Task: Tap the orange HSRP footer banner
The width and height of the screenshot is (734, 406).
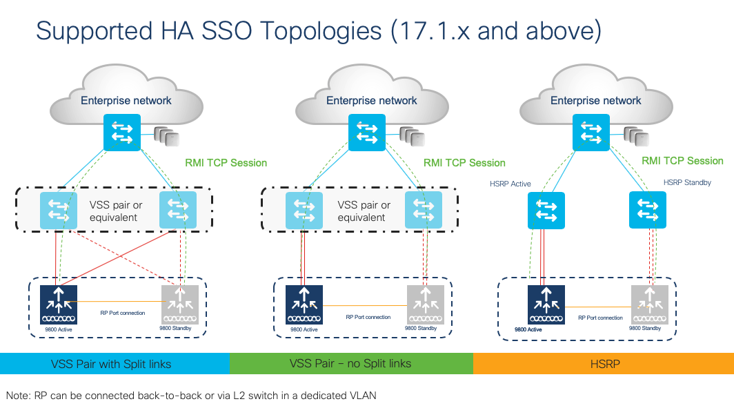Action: pos(603,363)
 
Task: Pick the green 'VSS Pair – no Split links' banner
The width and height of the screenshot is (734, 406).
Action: pos(350,363)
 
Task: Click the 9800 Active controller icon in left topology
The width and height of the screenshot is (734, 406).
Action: pos(59,304)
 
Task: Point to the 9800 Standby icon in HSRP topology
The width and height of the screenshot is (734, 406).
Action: pos(650,304)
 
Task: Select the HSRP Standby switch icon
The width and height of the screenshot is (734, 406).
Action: pos(648,210)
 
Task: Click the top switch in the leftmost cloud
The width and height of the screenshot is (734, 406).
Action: pos(122,132)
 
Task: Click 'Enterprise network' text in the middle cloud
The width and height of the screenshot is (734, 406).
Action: pos(371,101)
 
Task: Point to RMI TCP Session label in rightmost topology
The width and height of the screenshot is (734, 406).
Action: pos(682,161)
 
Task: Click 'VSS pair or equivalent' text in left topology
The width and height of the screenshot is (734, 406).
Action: pos(116,211)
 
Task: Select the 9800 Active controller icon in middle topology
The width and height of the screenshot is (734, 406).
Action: pos(304,303)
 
